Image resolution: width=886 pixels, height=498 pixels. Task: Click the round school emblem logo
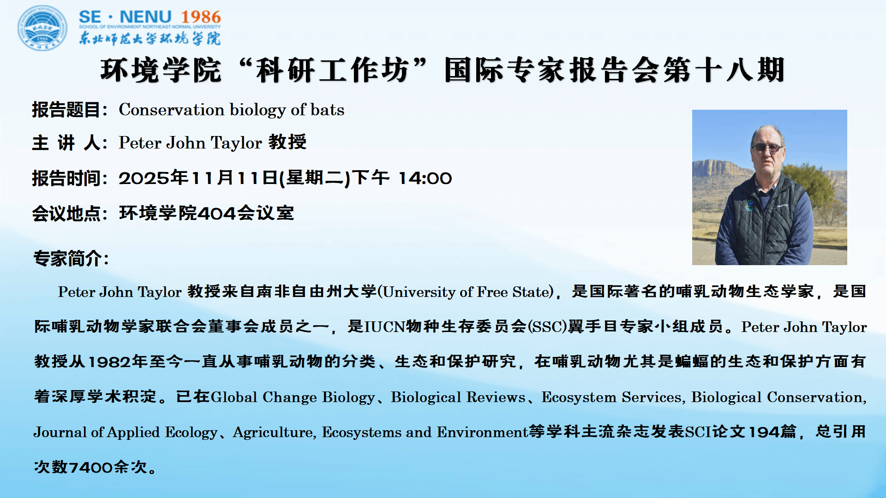tap(42, 28)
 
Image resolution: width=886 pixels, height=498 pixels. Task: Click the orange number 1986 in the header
tap(201, 17)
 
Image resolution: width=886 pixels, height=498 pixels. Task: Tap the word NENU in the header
tap(145, 17)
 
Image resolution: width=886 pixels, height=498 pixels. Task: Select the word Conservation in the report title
tap(172, 110)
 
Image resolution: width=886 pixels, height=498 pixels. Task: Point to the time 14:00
tap(425, 178)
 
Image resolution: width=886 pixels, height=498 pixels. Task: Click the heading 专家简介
tap(67, 258)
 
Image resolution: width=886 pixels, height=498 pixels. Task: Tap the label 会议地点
tap(66, 213)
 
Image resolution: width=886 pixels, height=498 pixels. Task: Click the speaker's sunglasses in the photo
tap(766, 148)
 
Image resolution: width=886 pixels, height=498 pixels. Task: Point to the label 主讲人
tap(66, 142)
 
